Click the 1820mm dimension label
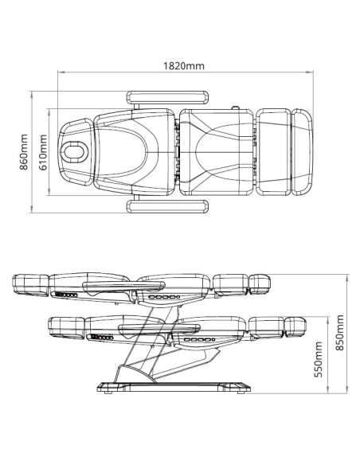click(184, 65)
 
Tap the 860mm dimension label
click(24, 152)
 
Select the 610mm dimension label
click(43, 152)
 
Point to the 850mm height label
click(340, 333)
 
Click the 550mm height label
click(319, 359)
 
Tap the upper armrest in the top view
click(167, 98)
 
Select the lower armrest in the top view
click(167, 206)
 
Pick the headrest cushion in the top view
click(76, 152)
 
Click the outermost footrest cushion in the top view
click(302, 152)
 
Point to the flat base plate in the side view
click(174, 387)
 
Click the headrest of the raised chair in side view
click(30, 285)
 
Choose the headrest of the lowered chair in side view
click(66, 328)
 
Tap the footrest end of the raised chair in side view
click(260, 283)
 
